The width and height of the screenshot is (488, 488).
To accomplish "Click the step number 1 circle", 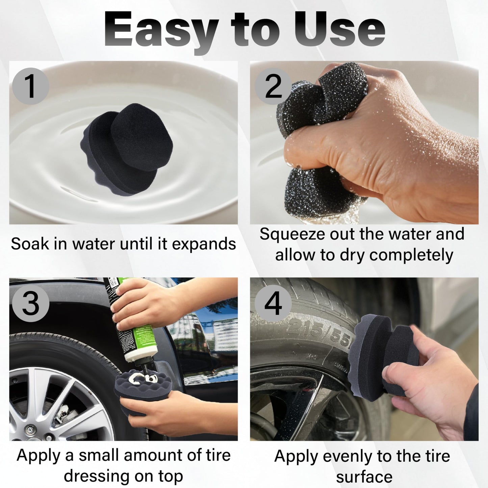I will pyautogui.click(x=30, y=86).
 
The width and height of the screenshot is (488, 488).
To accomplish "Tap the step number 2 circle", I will pyautogui.click(x=273, y=86).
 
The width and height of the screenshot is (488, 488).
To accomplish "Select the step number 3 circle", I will pyautogui.click(x=30, y=303).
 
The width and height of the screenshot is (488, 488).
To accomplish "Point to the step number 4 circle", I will pyautogui.click(x=273, y=303).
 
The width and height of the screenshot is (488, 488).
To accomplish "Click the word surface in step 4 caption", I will pyautogui.click(x=364, y=477).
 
